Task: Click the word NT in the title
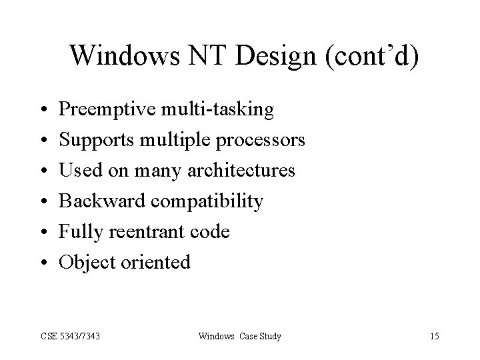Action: [x=195, y=57]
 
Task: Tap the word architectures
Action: [x=238, y=171]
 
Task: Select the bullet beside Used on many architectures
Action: [x=42, y=171]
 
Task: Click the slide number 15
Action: [x=434, y=336]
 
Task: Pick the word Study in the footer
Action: [x=269, y=336]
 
